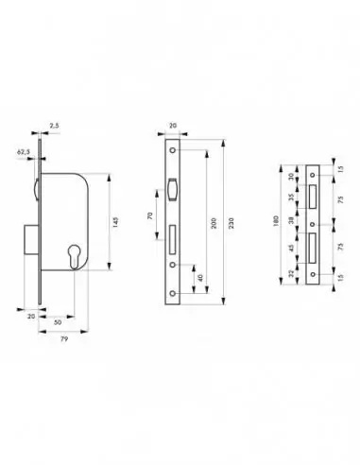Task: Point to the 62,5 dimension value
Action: coord(22,149)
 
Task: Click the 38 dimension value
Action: coord(294,224)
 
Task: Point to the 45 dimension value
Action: coord(294,250)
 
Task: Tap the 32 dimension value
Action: coord(294,274)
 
